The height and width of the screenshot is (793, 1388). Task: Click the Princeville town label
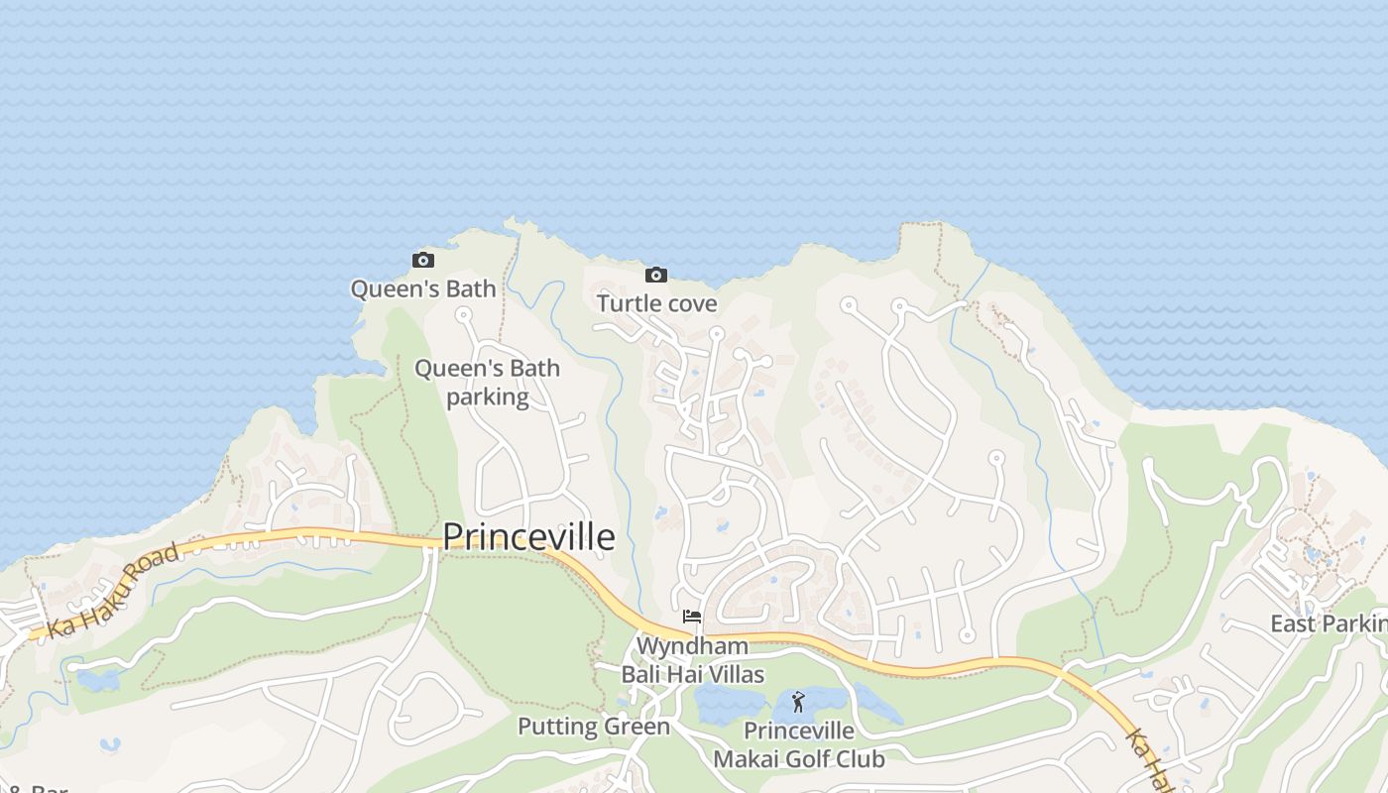pos(528,536)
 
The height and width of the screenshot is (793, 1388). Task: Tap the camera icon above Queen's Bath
pos(423,261)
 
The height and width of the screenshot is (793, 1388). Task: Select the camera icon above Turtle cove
pos(655,275)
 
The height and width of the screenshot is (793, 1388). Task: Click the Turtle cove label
pos(656,303)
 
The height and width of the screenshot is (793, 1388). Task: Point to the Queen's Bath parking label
pos(487,383)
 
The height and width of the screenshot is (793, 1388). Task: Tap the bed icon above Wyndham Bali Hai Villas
pos(692,617)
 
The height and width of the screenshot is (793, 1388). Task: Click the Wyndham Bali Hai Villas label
pos(692,660)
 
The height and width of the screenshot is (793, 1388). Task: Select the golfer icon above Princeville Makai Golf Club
pos(798,703)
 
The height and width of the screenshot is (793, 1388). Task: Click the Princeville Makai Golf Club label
pos(799,745)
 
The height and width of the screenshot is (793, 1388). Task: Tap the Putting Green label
pos(594,727)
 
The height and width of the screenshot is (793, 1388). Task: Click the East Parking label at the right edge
pos(1329,623)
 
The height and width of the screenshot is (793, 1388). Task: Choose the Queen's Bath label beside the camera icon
pos(423,288)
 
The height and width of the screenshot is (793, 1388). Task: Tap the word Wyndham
pos(692,646)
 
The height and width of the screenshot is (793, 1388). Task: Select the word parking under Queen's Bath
pos(487,397)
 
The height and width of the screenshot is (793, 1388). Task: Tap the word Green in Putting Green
pos(636,727)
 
